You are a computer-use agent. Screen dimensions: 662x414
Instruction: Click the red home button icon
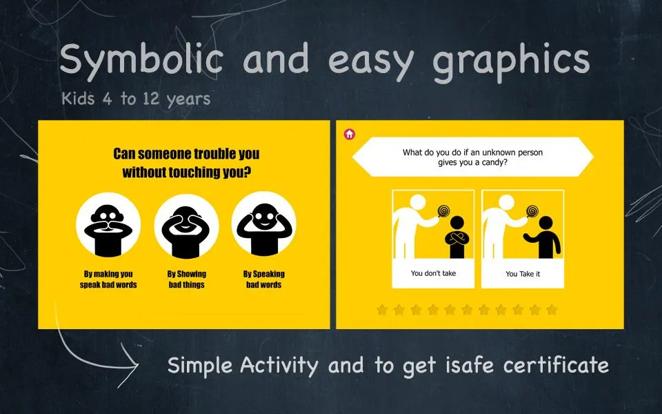(x=349, y=134)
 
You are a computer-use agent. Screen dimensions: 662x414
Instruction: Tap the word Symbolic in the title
(x=142, y=59)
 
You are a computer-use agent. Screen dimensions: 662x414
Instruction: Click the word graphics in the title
(x=511, y=61)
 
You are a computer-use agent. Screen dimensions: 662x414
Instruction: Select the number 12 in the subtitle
(x=151, y=99)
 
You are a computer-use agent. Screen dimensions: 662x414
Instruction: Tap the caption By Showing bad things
(x=187, y=279)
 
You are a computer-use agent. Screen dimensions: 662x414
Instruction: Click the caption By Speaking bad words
(x=264, y=279)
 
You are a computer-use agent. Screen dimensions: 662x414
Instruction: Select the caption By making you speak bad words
(x=108, y=279)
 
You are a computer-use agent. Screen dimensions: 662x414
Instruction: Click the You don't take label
(x=433, y=273)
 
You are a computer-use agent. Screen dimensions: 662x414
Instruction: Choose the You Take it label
(x=523, y=274)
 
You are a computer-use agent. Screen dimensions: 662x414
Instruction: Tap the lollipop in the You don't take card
(x=443, y=211)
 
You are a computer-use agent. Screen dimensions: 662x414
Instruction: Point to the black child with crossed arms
(x=457, y=237)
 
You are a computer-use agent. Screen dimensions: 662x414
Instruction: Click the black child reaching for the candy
(x=544, y=237)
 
